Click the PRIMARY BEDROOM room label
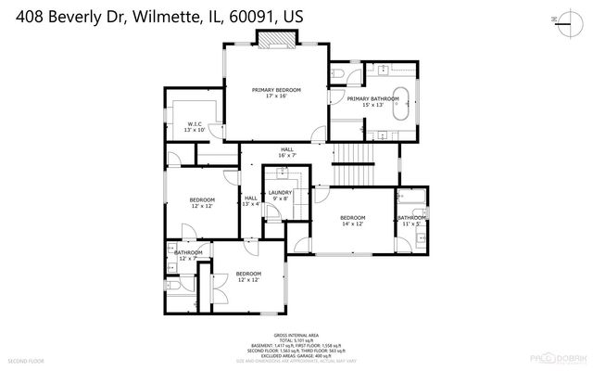click(276, 93)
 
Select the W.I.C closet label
click(195, 126)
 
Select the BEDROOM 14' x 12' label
click(353, 220)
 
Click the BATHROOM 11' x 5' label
click(410, 220)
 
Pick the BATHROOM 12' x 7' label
click(188, 255)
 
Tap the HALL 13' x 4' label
click(250, 200)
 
